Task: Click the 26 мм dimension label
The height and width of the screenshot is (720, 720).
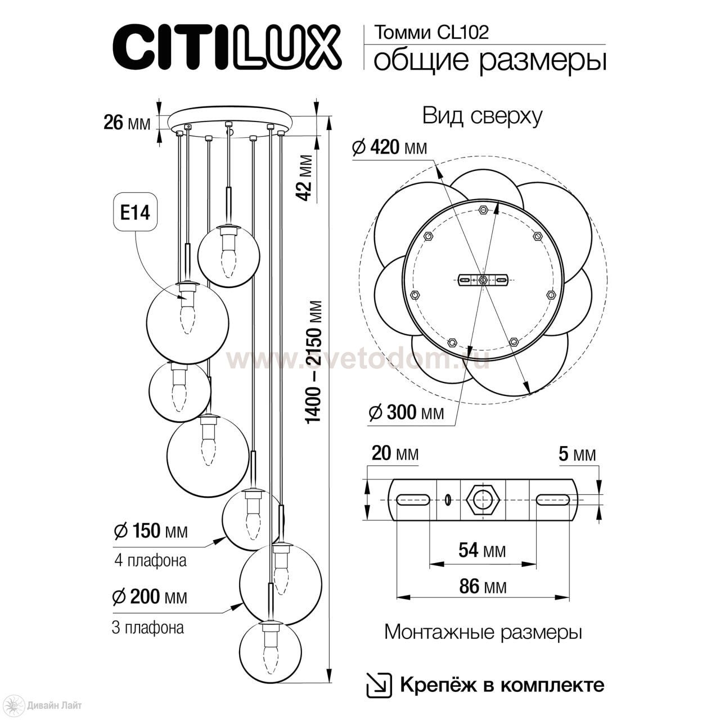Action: coord(127,122)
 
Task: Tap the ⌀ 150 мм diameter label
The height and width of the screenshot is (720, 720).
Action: coord(150,530)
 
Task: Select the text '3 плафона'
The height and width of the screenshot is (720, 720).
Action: coord(148,628)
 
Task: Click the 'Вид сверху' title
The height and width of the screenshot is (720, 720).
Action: coord(483,116)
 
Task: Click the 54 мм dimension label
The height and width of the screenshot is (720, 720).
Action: coord(481,550)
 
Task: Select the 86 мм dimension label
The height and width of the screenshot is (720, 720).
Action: coord(483,587)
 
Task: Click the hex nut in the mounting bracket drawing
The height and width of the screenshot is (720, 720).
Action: coord(483,499)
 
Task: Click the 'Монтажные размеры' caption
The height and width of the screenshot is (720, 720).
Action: coord(483,632)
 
